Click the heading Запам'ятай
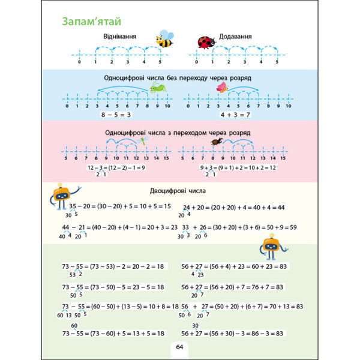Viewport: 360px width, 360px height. (87, 21)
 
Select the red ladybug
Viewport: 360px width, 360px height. (206, 42)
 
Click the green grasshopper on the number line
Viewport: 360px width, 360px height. (158, 89)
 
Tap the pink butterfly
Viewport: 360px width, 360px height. (223, 88)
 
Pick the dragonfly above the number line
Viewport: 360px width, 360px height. (143, 141)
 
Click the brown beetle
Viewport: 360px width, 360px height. (215, 142)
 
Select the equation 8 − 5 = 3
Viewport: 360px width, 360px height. (116, 114)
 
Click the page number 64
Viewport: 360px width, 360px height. (179, 347)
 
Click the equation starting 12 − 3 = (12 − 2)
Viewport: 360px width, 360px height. (116, 167)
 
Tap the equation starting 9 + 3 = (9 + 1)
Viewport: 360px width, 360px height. (239, 167)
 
